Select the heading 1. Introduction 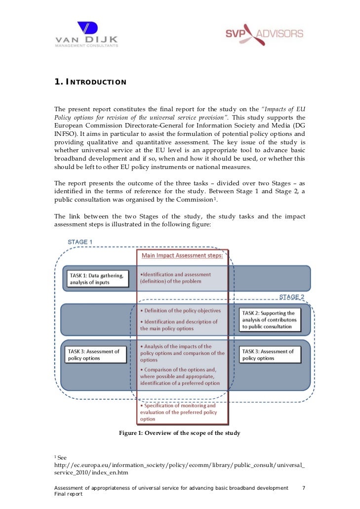click(x=90, y=82)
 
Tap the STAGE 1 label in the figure click(x=80, y=242)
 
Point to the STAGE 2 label click(x=292, y=297)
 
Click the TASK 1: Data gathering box click(x=96, y=278)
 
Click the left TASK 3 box click(x=96, y=354)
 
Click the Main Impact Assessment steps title click(x=182, y=255)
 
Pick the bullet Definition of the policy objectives click(x=181, y=310)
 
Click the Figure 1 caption click(x=179, y=433)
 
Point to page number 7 click(x=304, y=488)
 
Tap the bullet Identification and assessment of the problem click(x=176, y=278)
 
